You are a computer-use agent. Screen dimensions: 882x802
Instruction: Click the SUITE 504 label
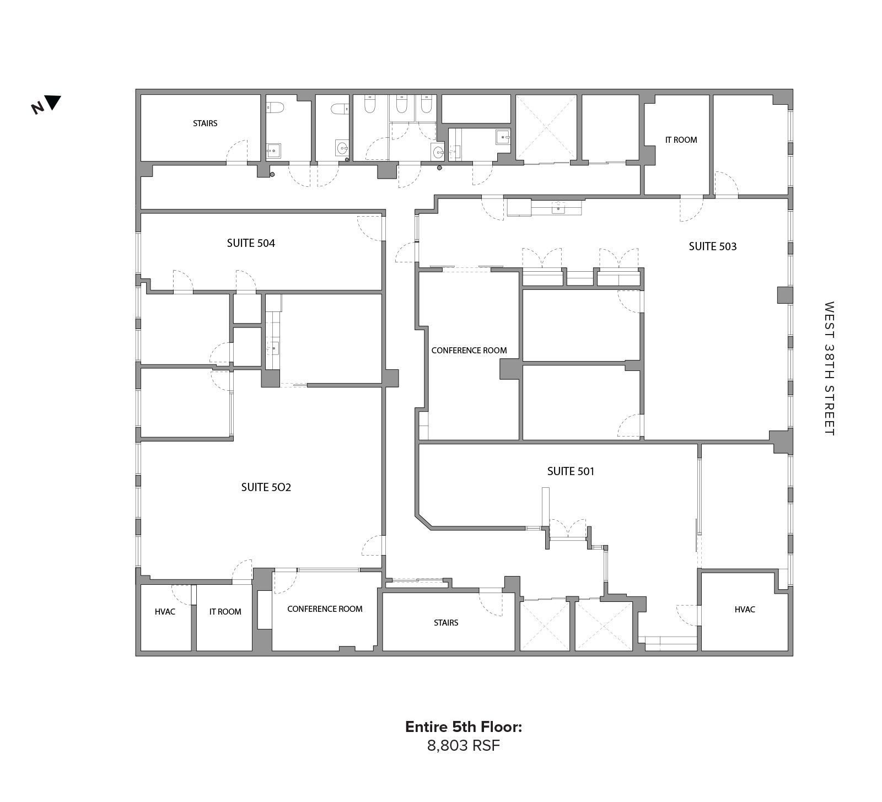(251, 243)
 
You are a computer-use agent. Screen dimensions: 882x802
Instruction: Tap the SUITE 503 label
(712, 246)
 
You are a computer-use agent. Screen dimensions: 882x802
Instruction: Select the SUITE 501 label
(571, 471)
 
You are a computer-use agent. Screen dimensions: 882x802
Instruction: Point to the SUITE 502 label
(266, 487)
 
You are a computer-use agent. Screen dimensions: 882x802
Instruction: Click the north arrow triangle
(53, 102)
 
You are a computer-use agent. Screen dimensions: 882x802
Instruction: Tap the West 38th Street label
(829, 368)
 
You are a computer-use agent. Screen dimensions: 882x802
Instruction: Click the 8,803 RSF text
(463, 746)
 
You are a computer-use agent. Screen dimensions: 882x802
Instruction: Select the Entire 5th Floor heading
(463, 727)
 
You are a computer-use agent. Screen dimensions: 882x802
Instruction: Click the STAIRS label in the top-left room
(205, 123)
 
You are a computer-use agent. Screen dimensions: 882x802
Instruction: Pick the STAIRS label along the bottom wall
(446, 623)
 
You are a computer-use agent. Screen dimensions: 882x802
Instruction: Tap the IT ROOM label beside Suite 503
(681, 140)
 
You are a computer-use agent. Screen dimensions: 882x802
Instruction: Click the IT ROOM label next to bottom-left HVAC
(225, 612)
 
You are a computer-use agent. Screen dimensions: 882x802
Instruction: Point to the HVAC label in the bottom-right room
(745, 610)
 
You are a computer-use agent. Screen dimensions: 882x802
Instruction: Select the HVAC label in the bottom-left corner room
(165, 612)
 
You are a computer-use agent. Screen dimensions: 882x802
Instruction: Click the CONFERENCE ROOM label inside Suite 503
(469, 351)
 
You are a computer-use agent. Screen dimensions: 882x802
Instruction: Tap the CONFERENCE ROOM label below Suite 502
(325, 609)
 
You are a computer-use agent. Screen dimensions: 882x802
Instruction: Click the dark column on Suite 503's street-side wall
(784, 295)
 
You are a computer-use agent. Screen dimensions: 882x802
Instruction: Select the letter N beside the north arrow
(37, 108)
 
